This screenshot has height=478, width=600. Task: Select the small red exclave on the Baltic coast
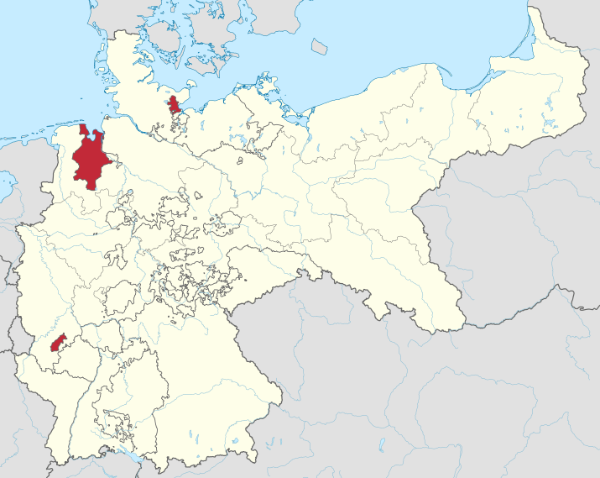pyautogui.click(x=175, y=105)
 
